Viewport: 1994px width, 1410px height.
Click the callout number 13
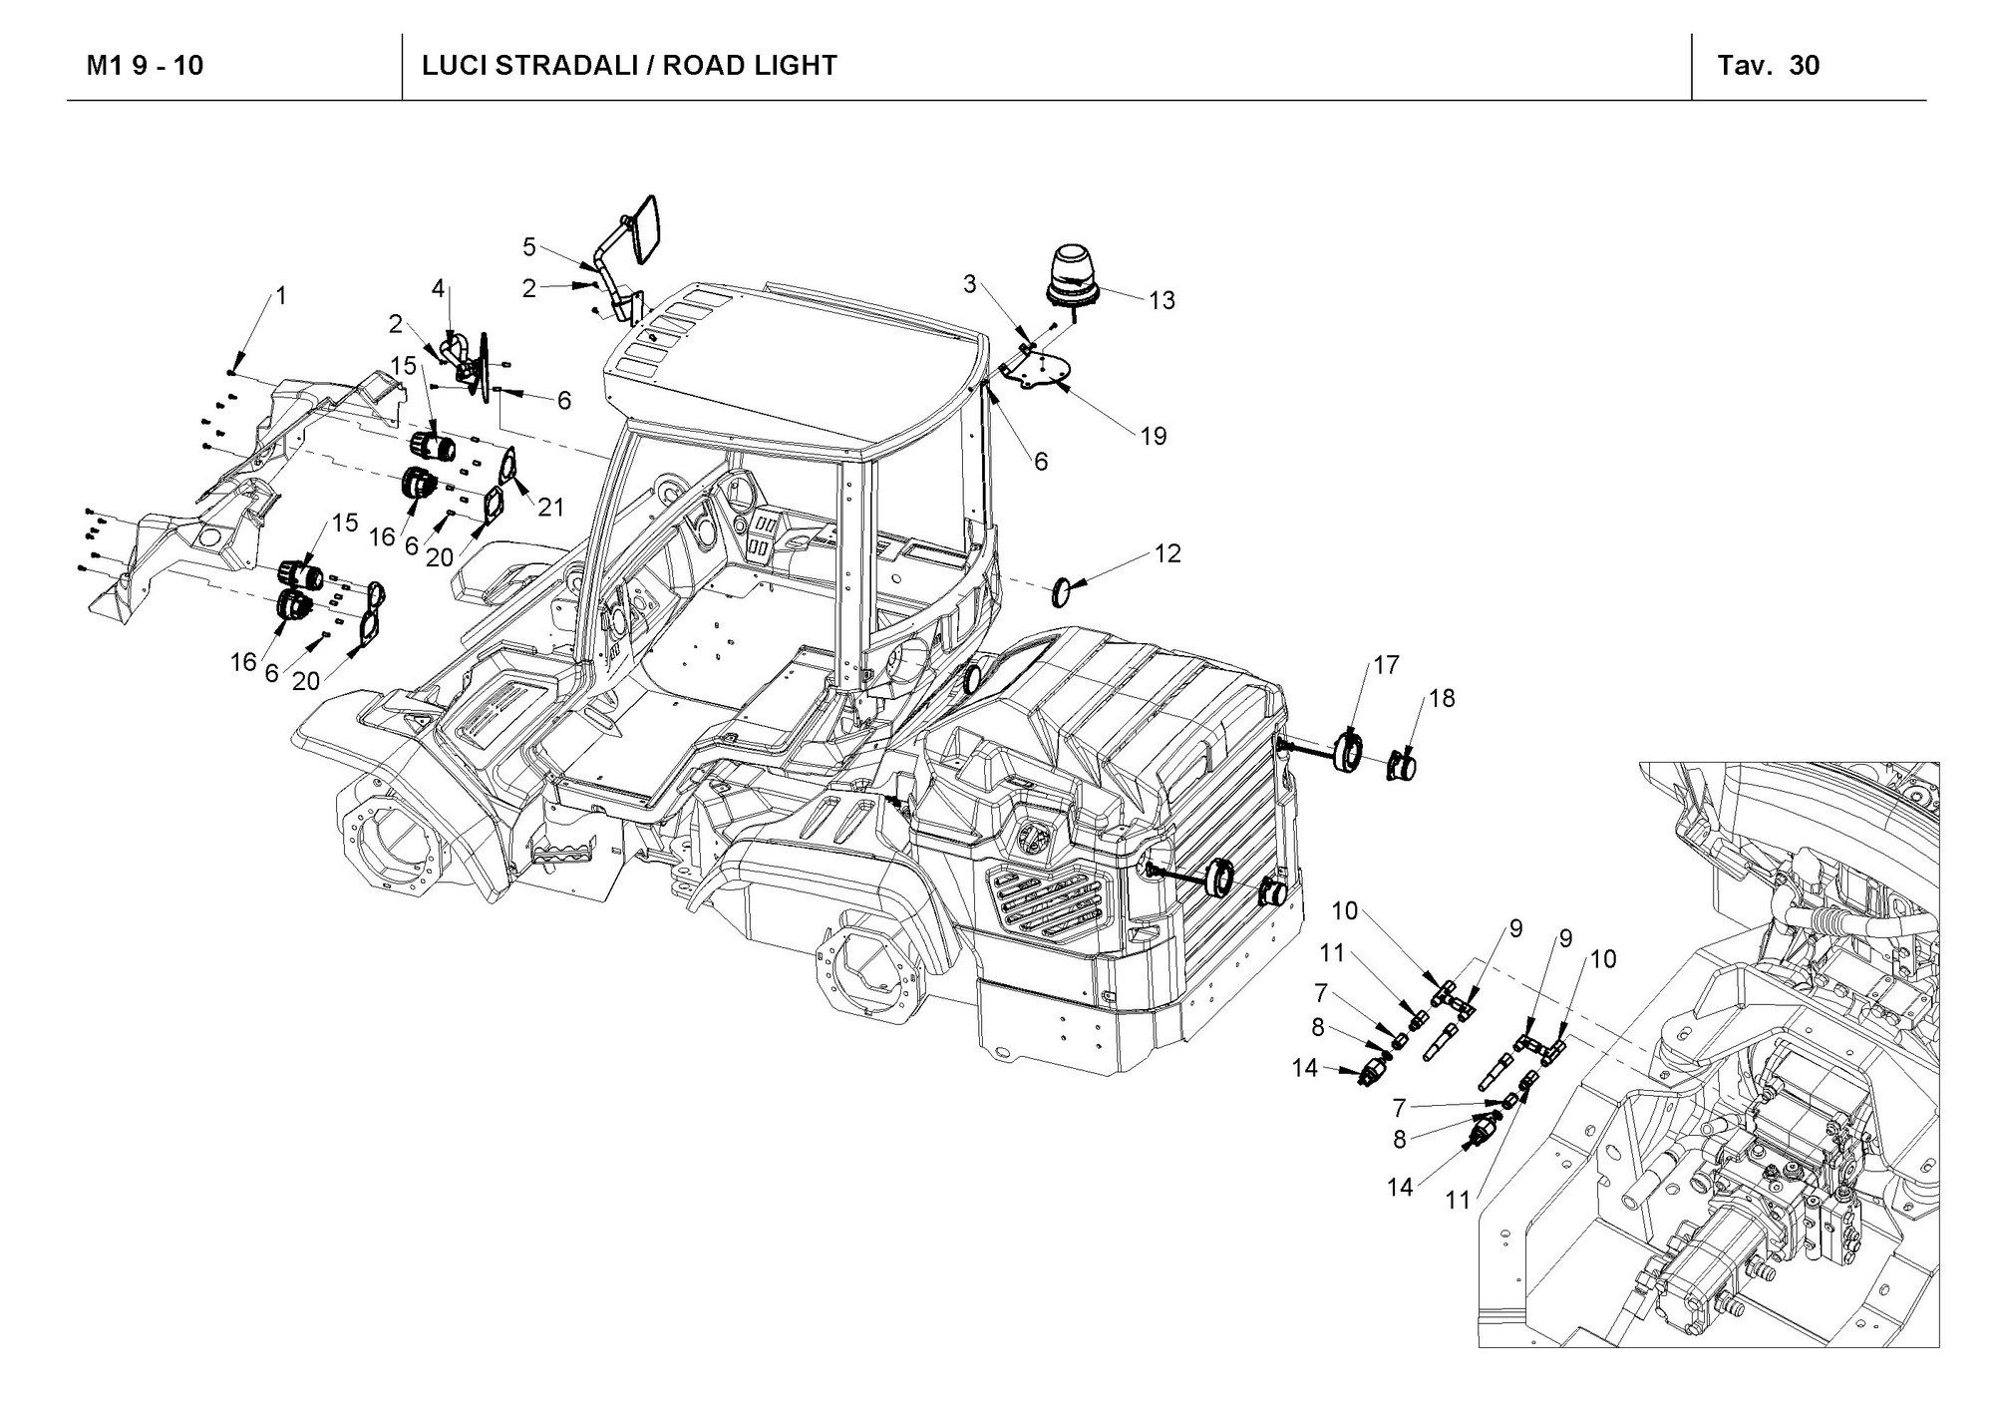1162,300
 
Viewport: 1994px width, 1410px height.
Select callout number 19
1154,436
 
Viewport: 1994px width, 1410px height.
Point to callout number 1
280,296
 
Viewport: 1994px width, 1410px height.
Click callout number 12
1167,553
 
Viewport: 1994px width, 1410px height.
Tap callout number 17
1386,665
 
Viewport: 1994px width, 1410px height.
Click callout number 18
1442,699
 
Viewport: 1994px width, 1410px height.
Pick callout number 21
550,508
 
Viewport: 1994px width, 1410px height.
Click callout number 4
438,289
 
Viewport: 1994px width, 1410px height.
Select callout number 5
529,246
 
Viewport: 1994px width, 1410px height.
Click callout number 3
969,284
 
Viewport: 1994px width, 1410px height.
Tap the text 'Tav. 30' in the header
1769,66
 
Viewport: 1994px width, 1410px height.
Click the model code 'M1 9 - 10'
146,66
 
